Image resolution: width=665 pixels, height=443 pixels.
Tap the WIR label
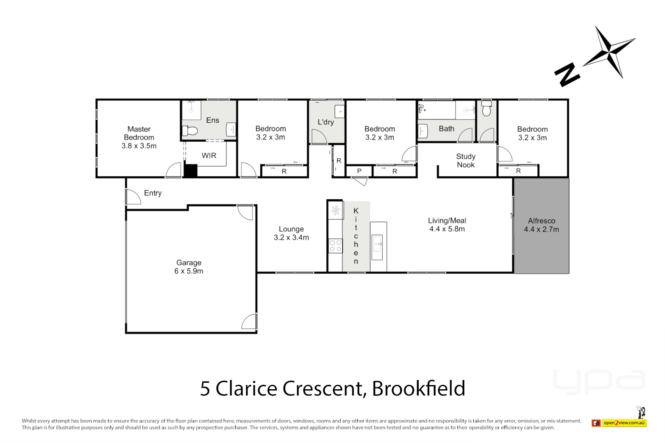[209, 155]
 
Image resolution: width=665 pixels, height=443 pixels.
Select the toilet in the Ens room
[190, 131]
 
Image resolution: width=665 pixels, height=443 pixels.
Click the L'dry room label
[326, 122]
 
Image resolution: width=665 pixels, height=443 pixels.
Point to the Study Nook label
[465, 160]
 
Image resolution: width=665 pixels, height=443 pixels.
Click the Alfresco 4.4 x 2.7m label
[541, 225]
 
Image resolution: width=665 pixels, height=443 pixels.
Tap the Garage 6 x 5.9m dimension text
[188, 271]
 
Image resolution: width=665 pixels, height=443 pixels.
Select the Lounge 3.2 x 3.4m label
[291, 233]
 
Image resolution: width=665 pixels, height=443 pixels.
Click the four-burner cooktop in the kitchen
[335, 246]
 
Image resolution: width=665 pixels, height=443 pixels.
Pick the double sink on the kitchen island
[377, 247]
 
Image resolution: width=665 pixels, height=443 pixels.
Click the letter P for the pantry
[359, 171]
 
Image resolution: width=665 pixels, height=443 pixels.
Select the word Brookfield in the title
[418, 388]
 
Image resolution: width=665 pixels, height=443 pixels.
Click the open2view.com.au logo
[624, 422]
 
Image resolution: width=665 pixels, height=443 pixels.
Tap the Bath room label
[446, 128]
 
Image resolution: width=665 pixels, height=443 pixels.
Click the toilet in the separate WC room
[486, 110]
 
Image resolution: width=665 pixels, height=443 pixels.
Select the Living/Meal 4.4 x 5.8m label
[447, 225]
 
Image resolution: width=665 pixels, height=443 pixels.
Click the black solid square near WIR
[190, 171]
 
